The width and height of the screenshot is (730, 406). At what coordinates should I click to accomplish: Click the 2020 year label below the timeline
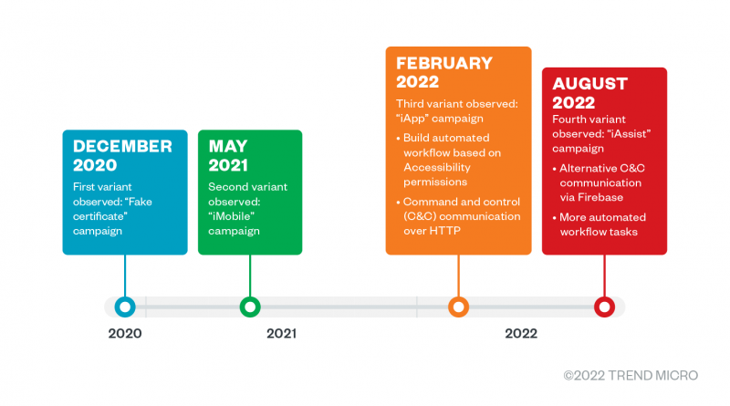tap(125, 333)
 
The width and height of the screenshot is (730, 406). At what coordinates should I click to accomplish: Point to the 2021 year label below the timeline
tap(281, 333)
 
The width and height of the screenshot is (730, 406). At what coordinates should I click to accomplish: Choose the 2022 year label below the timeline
tap(521, 333)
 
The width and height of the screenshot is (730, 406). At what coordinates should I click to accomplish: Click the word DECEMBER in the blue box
tap(122, 146)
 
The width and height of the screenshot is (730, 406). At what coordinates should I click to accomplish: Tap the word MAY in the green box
tap(228, 146)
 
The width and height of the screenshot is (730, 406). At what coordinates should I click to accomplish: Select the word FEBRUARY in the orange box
tap(444, 63)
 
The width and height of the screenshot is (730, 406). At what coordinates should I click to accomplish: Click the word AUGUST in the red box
tap(589, 84)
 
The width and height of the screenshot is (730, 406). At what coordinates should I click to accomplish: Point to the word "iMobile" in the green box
tap(232, 216)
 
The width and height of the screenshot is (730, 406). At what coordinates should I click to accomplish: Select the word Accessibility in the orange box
tap(437, 167)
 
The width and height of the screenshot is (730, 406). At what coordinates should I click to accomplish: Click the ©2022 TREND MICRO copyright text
tap(631, 375)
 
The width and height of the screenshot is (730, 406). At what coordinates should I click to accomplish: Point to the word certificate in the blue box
tap(100, 216)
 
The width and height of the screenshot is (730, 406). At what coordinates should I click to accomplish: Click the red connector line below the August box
tap(604, 276)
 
